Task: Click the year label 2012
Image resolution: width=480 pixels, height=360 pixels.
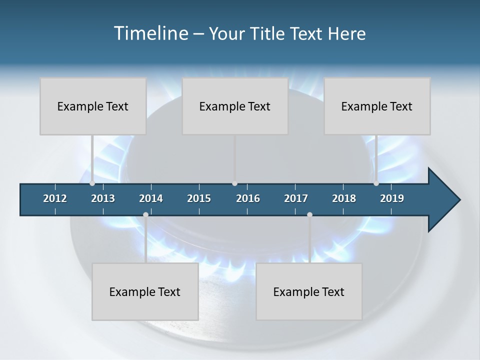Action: tap(55, 198)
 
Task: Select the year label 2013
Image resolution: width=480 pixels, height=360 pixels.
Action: tap(103, 198)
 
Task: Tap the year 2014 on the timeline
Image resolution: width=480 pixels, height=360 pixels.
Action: tap(151, 198)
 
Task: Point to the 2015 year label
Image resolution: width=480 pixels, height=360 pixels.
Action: tap(199, 198)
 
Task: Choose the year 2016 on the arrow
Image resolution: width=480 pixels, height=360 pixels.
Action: tap(248, 198)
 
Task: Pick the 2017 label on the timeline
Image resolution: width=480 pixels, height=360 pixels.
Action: tap(296, 198)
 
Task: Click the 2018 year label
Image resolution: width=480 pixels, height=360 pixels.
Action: tap(344, 198)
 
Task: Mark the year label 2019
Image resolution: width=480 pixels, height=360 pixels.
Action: tap(392, 198)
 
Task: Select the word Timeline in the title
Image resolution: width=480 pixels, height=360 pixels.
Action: tap(150, 33)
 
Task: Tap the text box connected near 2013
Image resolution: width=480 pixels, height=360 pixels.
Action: tap(93, 106)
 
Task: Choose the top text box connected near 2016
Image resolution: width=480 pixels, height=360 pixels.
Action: tap(235, 106)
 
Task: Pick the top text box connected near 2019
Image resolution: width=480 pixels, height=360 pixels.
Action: tap(377, 106)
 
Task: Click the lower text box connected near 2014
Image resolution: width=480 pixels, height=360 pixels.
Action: tap(145, 291)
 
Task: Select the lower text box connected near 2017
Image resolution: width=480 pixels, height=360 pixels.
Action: tap(309, 291)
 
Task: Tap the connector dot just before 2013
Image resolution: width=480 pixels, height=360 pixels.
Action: tap(92, 183)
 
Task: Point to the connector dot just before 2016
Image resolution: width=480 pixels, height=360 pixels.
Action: tap(235, 183)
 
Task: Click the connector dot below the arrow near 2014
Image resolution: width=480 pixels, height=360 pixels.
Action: tap(145, 215)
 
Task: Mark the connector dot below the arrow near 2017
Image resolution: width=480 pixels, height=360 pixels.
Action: tap(309, 215)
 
